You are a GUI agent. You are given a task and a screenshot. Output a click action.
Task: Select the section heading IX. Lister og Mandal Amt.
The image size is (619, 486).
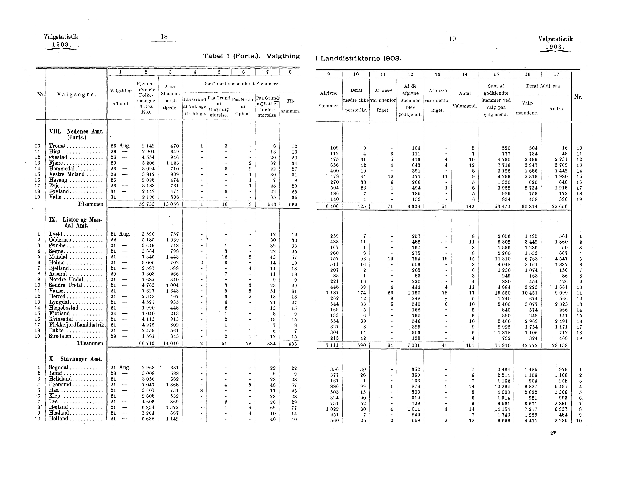point(75,223)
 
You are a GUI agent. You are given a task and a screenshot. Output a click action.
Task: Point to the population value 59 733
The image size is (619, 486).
point(146,204)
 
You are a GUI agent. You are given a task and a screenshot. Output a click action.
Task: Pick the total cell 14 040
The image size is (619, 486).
point(171,344)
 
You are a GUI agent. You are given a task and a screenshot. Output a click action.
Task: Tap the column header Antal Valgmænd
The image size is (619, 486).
point(465,99)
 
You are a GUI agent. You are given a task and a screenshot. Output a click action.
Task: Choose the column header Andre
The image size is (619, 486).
point(556,109)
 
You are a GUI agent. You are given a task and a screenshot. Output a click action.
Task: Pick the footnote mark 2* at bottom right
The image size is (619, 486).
point(553,433)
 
